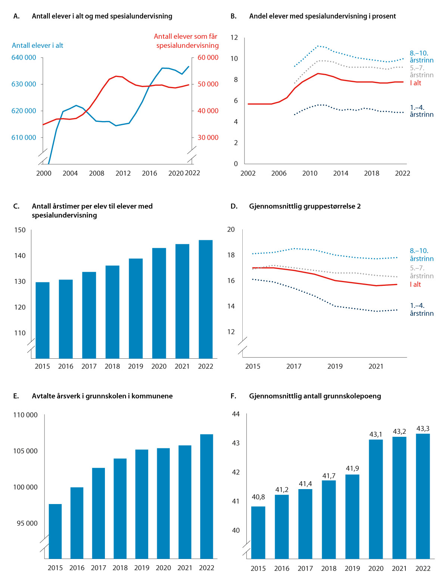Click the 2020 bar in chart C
159,303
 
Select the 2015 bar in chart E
55,531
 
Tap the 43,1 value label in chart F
376,434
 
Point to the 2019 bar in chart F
352,516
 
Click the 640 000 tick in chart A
24,58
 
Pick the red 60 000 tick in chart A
208,58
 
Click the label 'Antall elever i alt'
38,46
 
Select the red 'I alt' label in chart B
416,83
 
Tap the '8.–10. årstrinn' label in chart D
421,255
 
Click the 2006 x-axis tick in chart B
279,173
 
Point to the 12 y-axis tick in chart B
234,37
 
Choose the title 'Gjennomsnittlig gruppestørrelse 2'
305,206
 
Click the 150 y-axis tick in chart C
20,230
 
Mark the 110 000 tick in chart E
25,415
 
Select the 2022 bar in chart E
206,496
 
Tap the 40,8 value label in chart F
258,497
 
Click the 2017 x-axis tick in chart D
294,367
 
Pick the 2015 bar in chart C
43,320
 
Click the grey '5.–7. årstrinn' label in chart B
421,71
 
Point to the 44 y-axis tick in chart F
236,414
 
